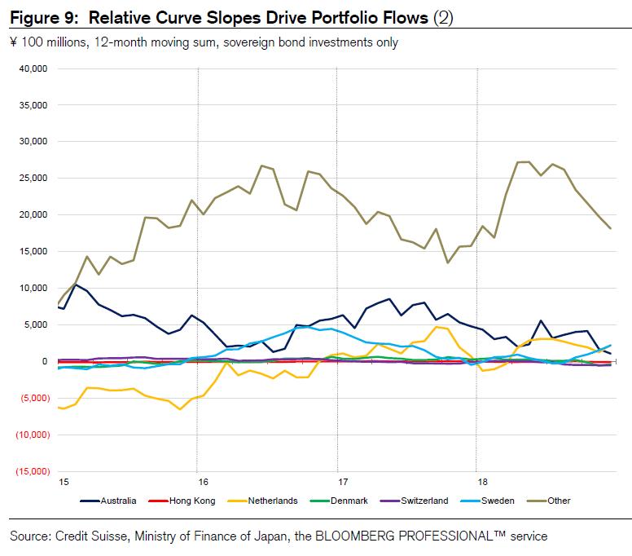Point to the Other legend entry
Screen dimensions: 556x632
[559, 501]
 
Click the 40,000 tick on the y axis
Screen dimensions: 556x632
[33, 68]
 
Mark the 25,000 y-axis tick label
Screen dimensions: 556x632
[33, 179]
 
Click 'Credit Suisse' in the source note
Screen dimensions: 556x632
[90, 536]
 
